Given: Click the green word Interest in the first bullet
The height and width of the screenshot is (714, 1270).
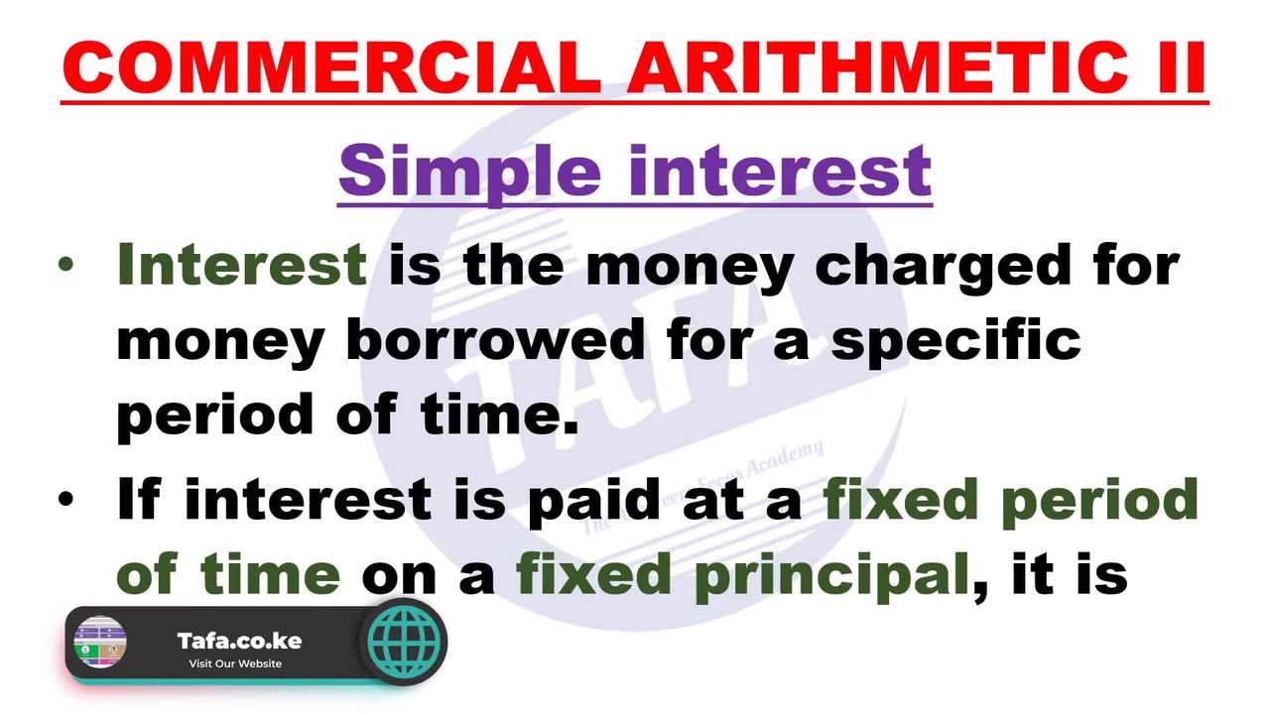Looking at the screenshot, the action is (242, 264).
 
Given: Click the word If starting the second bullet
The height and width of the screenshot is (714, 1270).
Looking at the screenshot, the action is (139, 498).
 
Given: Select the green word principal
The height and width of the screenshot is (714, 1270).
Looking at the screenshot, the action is (831, 577).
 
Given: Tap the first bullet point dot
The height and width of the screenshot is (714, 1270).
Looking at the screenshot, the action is (65, 265).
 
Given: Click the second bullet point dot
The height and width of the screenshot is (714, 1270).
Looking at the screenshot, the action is (65, 499).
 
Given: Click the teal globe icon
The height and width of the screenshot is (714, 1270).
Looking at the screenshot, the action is (403, 642).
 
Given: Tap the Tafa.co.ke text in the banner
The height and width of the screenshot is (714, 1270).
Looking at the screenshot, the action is (239, 641).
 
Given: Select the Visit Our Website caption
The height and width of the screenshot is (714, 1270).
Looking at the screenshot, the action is (235, 663).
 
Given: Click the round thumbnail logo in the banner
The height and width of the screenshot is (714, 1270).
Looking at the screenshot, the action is (100, 642).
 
